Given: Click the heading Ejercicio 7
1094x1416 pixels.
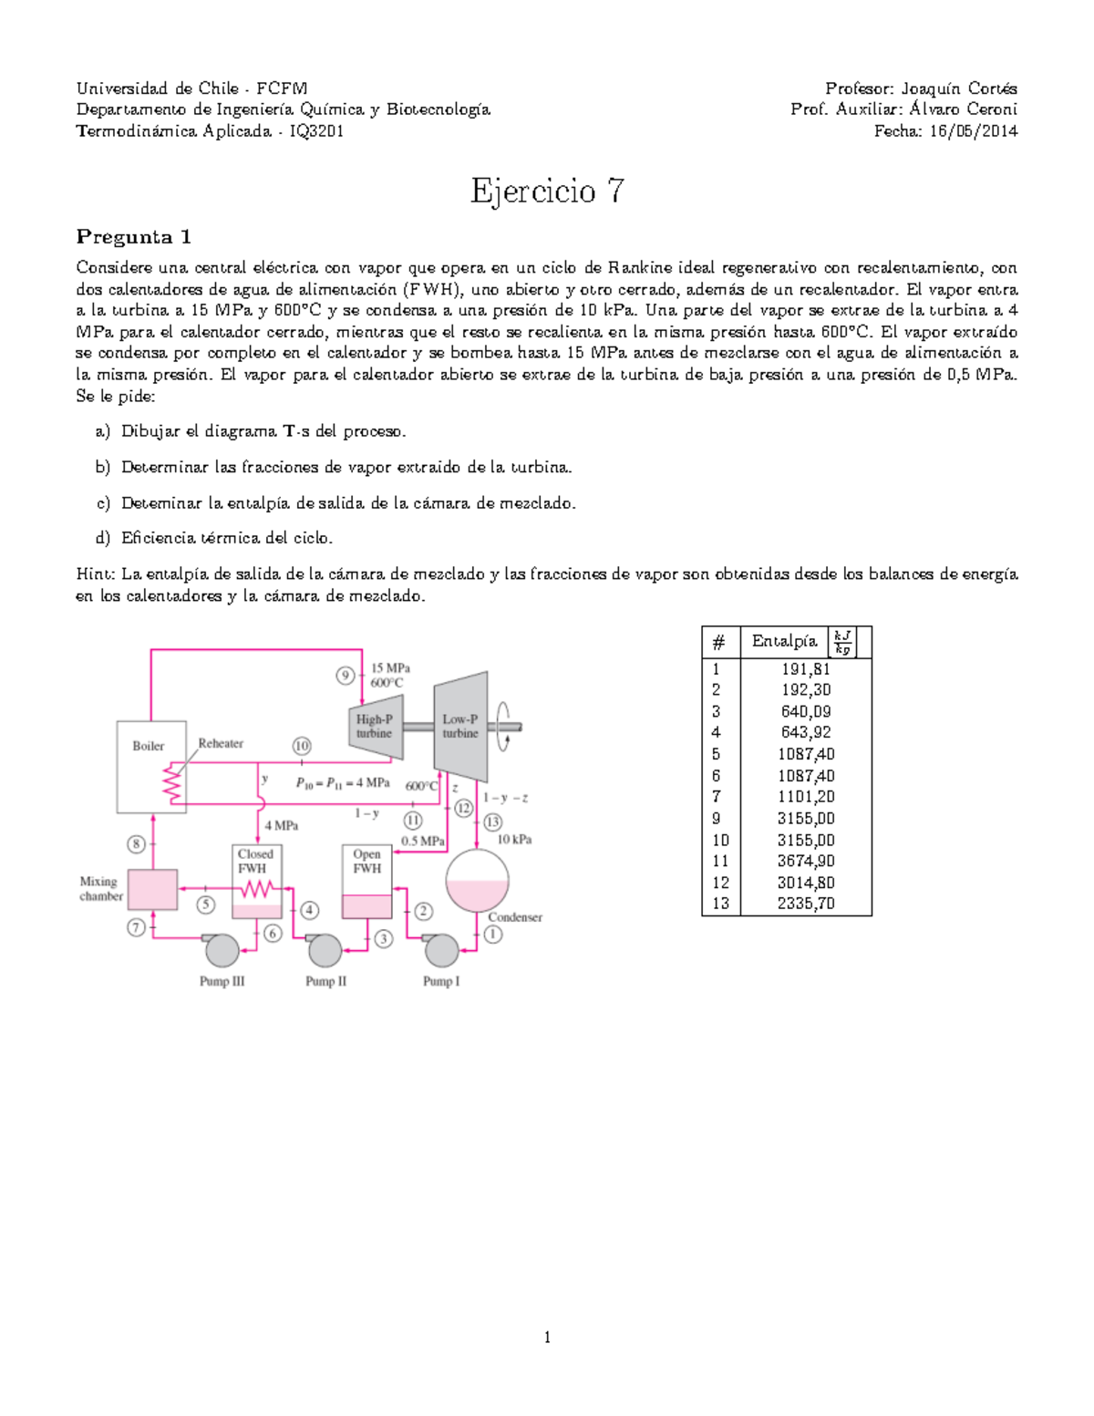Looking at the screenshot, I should tap(547, 191).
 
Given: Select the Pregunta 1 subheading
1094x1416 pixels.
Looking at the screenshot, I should tap(133, 238).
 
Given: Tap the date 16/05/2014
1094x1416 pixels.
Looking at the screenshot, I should tap(973, 131).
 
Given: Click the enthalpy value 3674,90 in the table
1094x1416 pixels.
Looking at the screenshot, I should tap(806, 861).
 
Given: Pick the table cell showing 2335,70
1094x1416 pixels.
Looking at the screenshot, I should tap(806, 904).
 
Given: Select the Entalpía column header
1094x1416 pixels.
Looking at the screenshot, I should tap(784, 642).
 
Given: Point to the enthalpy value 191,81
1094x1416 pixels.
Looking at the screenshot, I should tap(806, 668).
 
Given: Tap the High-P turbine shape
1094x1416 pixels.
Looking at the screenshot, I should tap(375, 727).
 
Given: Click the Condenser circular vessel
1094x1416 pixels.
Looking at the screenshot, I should tap(477, 880).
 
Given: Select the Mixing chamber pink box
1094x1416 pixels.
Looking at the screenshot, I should tap(151, 889).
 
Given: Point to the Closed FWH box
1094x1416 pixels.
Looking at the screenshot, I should tap(256, 880).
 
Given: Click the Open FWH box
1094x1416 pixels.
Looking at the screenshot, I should tap(367, 880).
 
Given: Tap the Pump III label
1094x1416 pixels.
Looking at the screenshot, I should tap(222, 982).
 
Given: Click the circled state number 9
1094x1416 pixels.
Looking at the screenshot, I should tap(346, 676).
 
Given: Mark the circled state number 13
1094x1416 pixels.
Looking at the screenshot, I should tap(493, 822).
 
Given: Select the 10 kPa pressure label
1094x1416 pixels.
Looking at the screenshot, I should tap(514, 840).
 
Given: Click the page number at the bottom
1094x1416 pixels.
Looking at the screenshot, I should tap(547, 1338).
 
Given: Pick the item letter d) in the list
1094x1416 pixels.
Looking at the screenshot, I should tap(102, 538).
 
